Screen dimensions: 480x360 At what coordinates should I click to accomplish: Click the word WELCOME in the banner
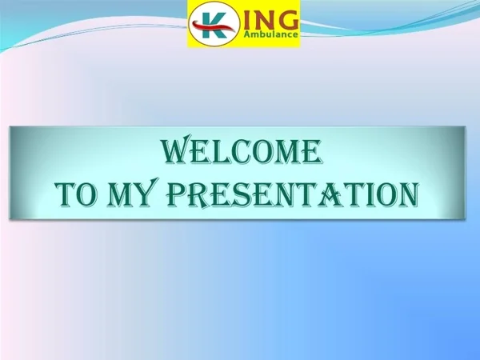point(242,150)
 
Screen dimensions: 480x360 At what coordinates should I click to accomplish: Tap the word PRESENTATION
point(293,194)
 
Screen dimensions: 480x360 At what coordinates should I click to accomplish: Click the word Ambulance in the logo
point(270,34)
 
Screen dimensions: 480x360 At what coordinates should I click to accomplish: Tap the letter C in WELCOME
point(242,151)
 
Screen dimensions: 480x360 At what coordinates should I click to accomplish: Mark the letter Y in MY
point(148,192)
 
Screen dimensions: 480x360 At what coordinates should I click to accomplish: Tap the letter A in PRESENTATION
point(337,194)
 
